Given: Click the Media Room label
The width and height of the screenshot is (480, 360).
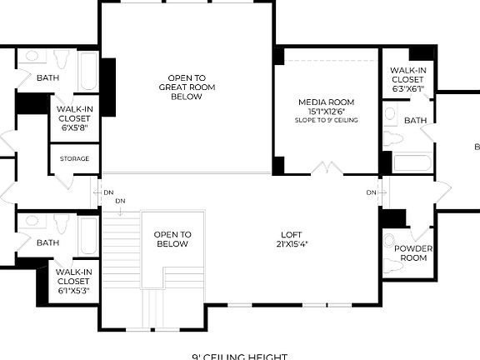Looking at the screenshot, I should point(327,102).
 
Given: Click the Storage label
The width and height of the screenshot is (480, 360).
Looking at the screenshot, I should point(74,158).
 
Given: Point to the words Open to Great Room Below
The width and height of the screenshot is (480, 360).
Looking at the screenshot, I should point(186,87).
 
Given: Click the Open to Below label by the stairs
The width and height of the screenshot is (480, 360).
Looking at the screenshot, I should point(173,239).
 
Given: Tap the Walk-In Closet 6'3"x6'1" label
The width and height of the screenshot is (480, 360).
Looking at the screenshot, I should point(407,79).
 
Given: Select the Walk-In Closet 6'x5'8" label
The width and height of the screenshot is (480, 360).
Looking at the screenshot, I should point(74,117).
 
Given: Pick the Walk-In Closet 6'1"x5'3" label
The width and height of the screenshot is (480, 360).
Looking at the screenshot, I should point(74,280).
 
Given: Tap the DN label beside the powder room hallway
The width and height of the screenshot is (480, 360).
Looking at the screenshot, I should point(371,192).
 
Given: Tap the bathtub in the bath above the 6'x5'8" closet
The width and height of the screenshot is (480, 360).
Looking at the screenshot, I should point(87,72).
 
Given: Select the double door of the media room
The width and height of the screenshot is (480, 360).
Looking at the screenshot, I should point(327,169).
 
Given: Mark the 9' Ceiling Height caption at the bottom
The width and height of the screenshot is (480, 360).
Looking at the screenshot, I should point(239,357).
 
